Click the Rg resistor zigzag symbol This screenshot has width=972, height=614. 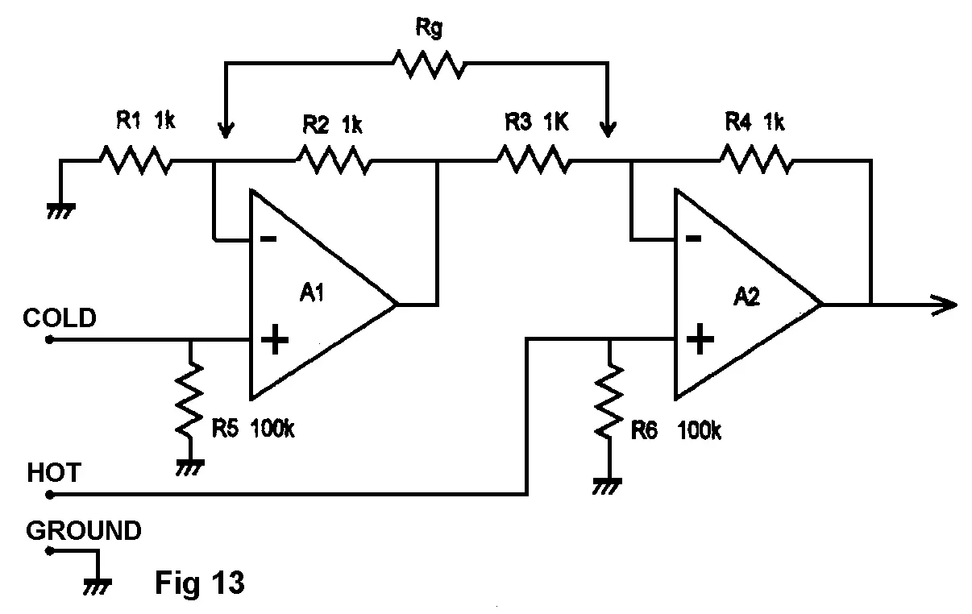[427, 64]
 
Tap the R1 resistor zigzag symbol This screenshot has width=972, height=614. [135, 160]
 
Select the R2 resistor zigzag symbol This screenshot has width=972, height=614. [334, 160]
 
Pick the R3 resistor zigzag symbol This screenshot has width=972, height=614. [534, 160]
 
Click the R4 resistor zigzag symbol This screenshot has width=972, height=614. [755, 160]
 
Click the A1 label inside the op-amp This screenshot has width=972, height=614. [312, 292]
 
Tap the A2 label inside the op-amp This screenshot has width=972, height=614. [746, 296]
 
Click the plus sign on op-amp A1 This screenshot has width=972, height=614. [275, 340]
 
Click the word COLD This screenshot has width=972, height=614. [60, 317]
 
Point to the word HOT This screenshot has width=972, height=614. [54, 472]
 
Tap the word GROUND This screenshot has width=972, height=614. [84, 531]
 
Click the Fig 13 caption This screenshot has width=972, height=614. [199, 583]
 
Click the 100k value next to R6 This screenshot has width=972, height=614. [699, 431]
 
